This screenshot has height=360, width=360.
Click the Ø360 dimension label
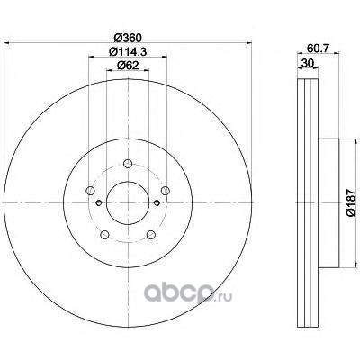point(128,38)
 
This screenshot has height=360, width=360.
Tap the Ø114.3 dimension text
point(128,52)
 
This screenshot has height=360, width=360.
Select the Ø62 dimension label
point(128,66)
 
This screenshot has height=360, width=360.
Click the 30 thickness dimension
point(308,63)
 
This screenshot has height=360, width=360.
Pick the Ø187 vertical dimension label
point(350,203)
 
